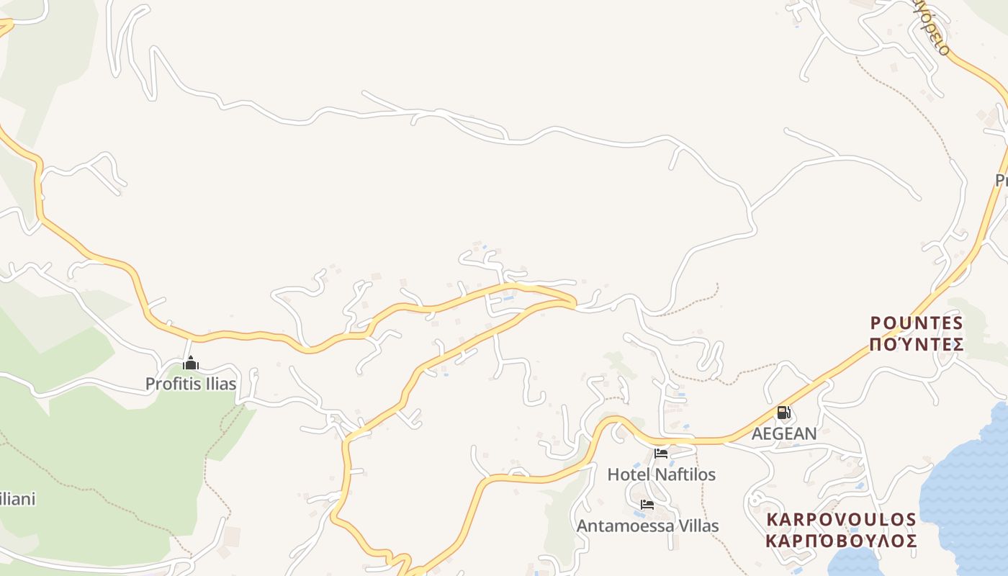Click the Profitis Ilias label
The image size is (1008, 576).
point(191,384)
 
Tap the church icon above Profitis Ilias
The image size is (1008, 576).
point(191,364)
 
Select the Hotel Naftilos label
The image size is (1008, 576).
point(662,474)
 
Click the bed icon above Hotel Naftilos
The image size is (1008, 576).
point(661,454)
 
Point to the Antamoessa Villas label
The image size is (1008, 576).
point(647,526)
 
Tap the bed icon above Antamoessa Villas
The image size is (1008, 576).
point(647,505)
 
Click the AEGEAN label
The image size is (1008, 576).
point(784,433)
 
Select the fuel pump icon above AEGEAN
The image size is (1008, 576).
point(784,413)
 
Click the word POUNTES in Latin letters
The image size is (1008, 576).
point(917,323)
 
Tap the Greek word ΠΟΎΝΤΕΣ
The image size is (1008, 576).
point(917,344)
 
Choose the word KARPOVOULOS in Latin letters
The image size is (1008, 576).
point(841,520)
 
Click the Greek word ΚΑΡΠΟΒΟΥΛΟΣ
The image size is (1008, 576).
point(841,541)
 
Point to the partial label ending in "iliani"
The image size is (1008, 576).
point(17,499)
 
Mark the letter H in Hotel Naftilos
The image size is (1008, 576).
point(613,474)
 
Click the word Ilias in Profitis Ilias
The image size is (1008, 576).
point(217,384)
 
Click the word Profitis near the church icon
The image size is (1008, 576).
point(170,384)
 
